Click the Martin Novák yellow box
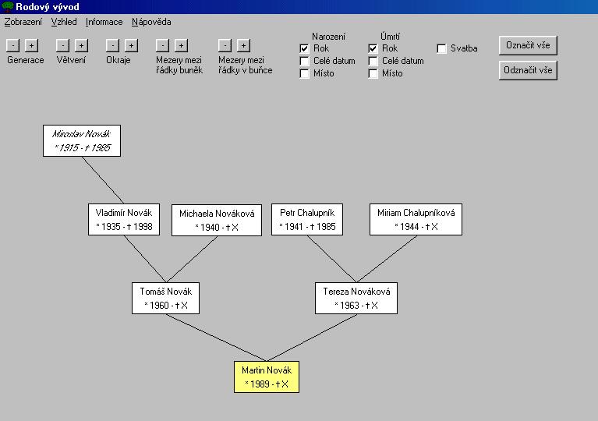[267, 377]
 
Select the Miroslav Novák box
[82, 140]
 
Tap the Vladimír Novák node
[124, 219]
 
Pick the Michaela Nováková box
[217, 220]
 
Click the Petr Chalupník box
[307, 219]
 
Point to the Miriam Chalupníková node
[416, 219]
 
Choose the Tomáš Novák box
[165, 298]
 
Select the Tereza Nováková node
[356, 298]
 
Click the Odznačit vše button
[528, 70]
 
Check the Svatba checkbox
[441, 49]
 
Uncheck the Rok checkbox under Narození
[304, 49]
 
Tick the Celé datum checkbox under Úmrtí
[373, 61]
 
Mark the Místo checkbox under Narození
[304, 73]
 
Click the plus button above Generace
[32, 46]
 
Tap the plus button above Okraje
[131, 46]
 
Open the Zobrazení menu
[23, 22]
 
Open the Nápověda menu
[151, 22]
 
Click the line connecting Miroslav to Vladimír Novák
[103, 180]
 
